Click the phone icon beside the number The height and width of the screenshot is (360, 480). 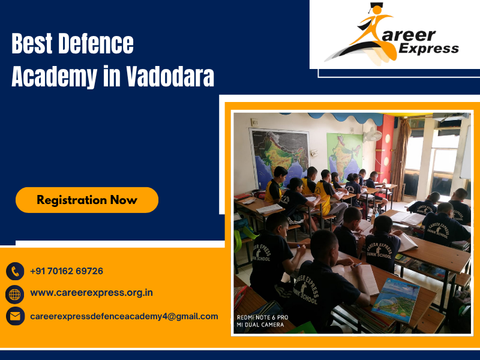(x=15, y=271)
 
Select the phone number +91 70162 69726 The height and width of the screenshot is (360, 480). (x=67, y=271)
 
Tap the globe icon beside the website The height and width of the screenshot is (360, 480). (x=15, y=293)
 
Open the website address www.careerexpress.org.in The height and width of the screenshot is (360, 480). (x=91, y=293)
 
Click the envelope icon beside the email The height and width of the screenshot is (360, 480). (x=15, y=316)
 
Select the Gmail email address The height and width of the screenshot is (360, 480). (x=124, y=316)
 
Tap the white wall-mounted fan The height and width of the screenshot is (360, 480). (x=373, y=136)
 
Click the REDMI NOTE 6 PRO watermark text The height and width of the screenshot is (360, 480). (x=262, y=317)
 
